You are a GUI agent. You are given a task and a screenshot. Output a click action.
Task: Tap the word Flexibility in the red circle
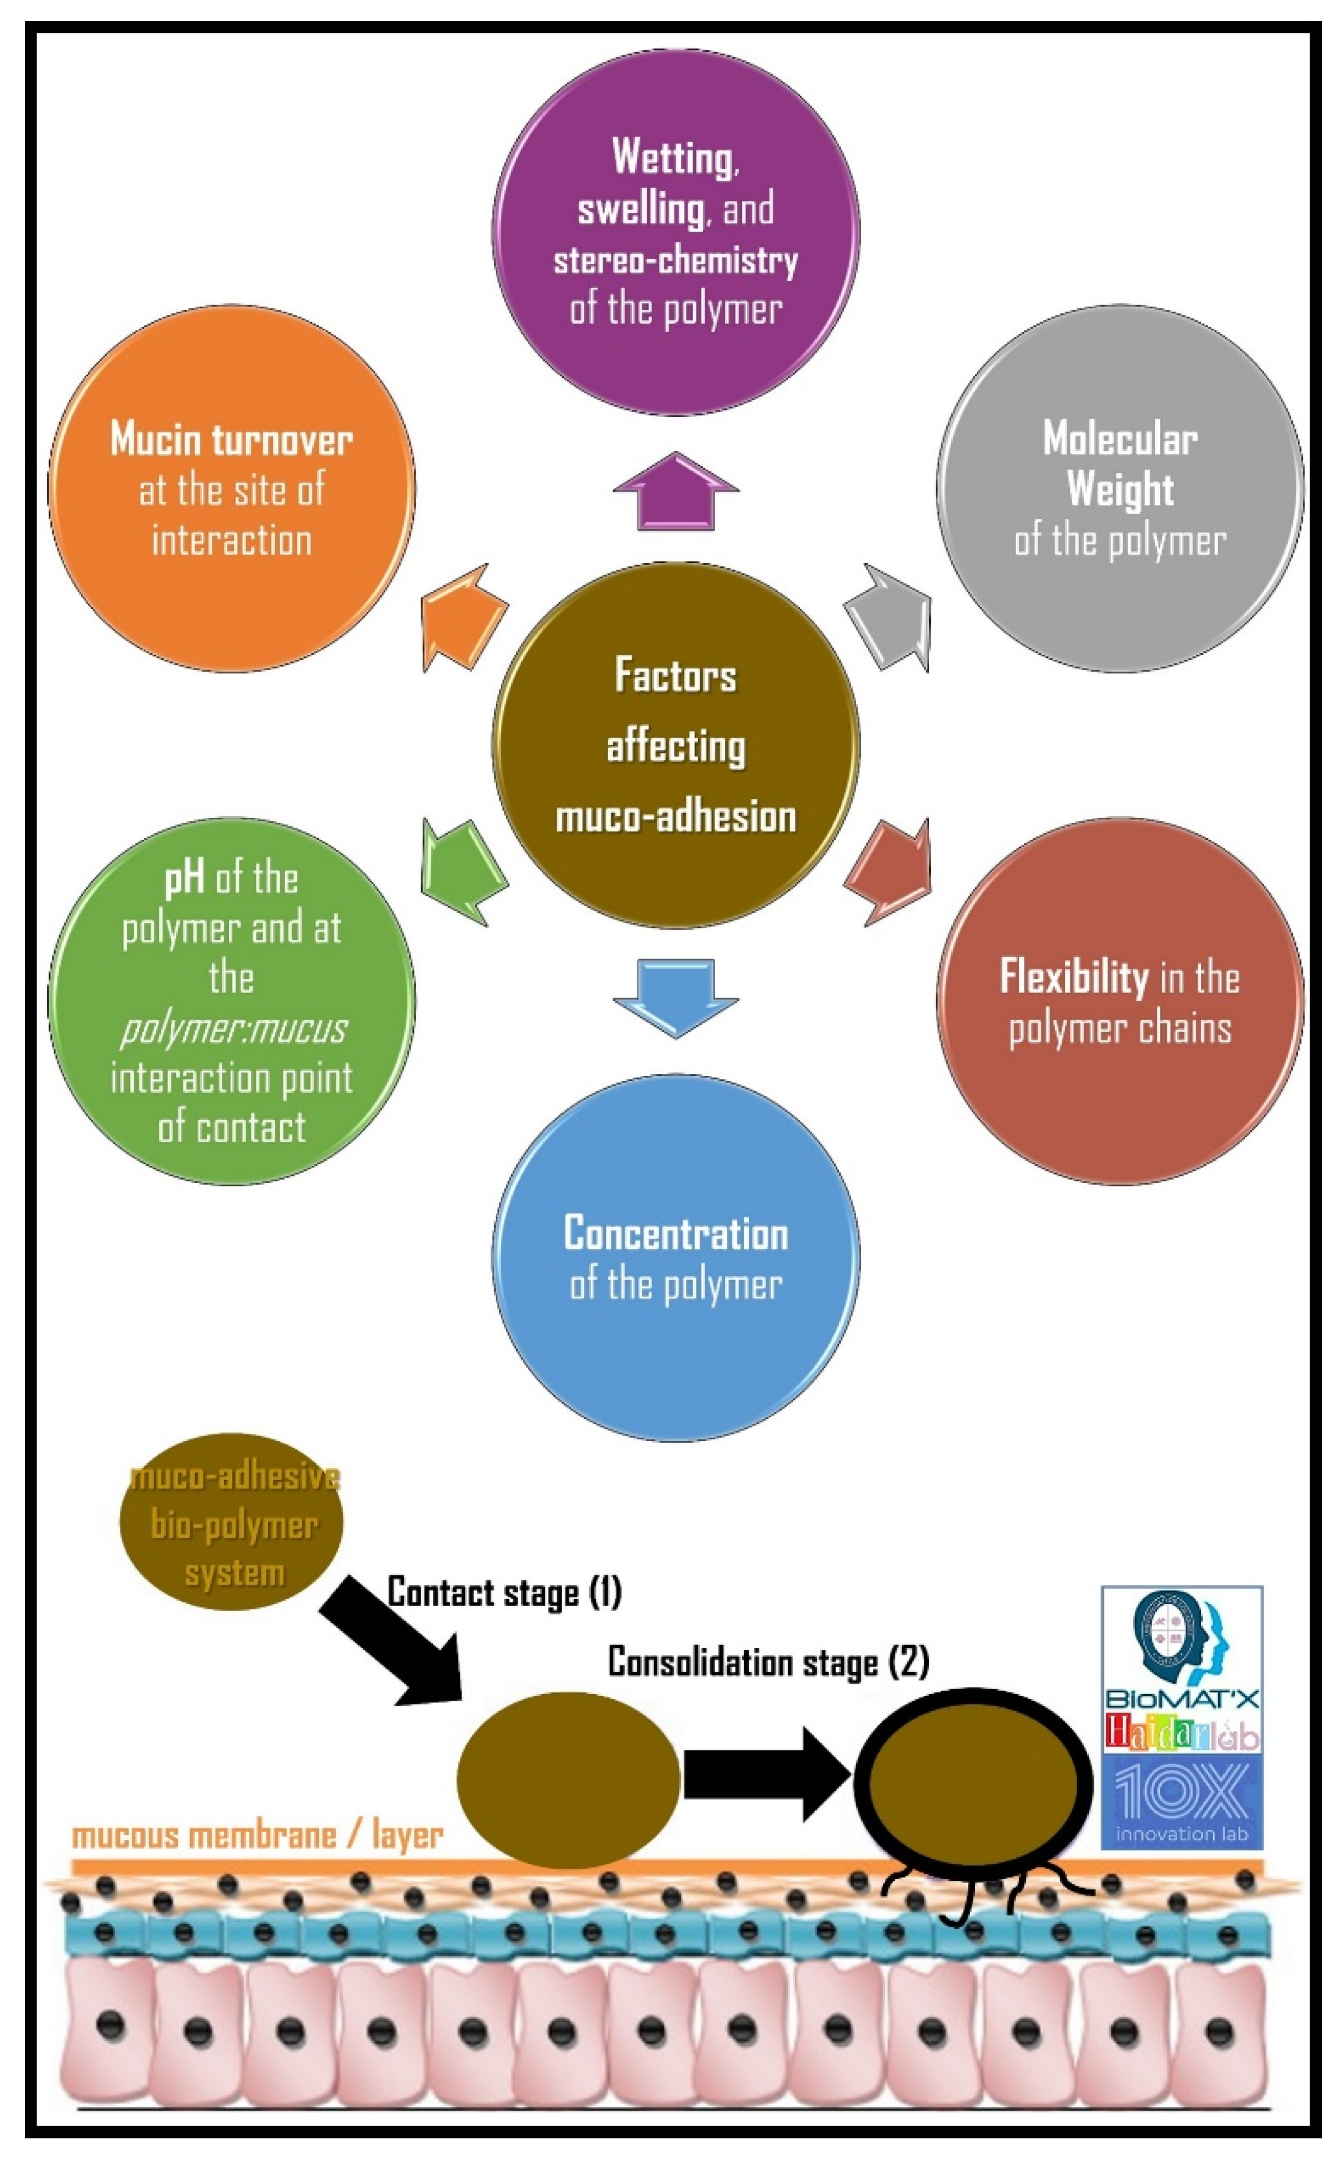click(x=1074, y=977)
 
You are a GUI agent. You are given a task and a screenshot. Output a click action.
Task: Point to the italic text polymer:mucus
click(x=233, y=1028)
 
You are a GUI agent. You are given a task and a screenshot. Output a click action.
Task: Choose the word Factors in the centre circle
click(x=675, y=675)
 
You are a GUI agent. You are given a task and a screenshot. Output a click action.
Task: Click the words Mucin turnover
click(x=232, y=439)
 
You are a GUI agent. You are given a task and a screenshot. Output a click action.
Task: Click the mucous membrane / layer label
click(x=258, y=1834)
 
